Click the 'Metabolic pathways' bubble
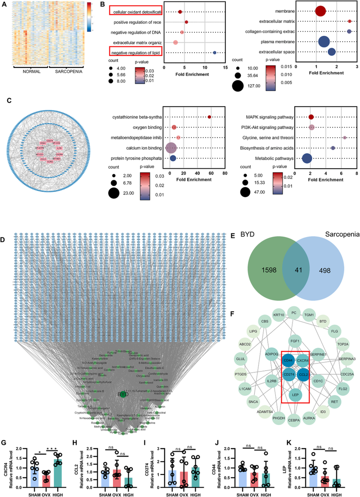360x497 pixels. point(307,158)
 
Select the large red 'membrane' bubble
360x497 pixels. point(320,11)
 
